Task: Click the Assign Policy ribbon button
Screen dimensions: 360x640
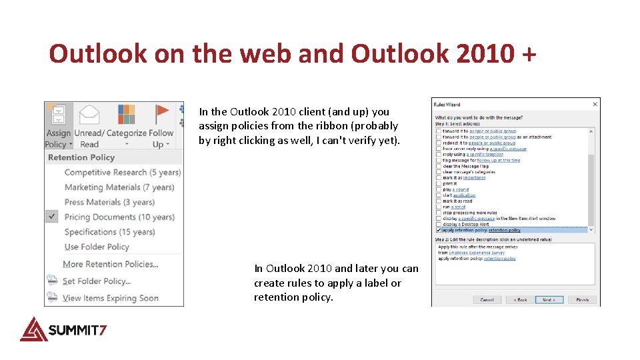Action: (x=57, y=127)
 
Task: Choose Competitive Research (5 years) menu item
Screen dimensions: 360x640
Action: (x=122, y=172)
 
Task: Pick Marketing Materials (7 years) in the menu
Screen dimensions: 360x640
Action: (x=119, y=187)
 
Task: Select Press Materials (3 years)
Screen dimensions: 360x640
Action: (x=109, y=202)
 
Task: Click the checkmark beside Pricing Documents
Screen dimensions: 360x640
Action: (x=53, y=217)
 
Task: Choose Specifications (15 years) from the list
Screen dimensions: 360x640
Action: (x=109, y=232)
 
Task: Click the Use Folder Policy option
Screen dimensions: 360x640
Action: (x=97, y=247)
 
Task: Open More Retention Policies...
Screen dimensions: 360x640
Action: (x=110, y=264)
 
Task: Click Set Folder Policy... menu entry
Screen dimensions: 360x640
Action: (x=97, y=281)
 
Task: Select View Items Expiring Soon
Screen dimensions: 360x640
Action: (x=110, y=298)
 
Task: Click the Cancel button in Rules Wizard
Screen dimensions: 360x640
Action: (x=487, y=300)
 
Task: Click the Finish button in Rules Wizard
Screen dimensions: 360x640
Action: (x=582, y=300)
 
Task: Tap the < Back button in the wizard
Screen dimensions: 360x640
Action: (x=520, y=300)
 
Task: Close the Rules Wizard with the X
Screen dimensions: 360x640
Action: (x=595, y=105)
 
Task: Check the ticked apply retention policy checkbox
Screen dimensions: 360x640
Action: (x=439, y=230)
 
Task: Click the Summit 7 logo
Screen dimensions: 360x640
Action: (x=63, y=329)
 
